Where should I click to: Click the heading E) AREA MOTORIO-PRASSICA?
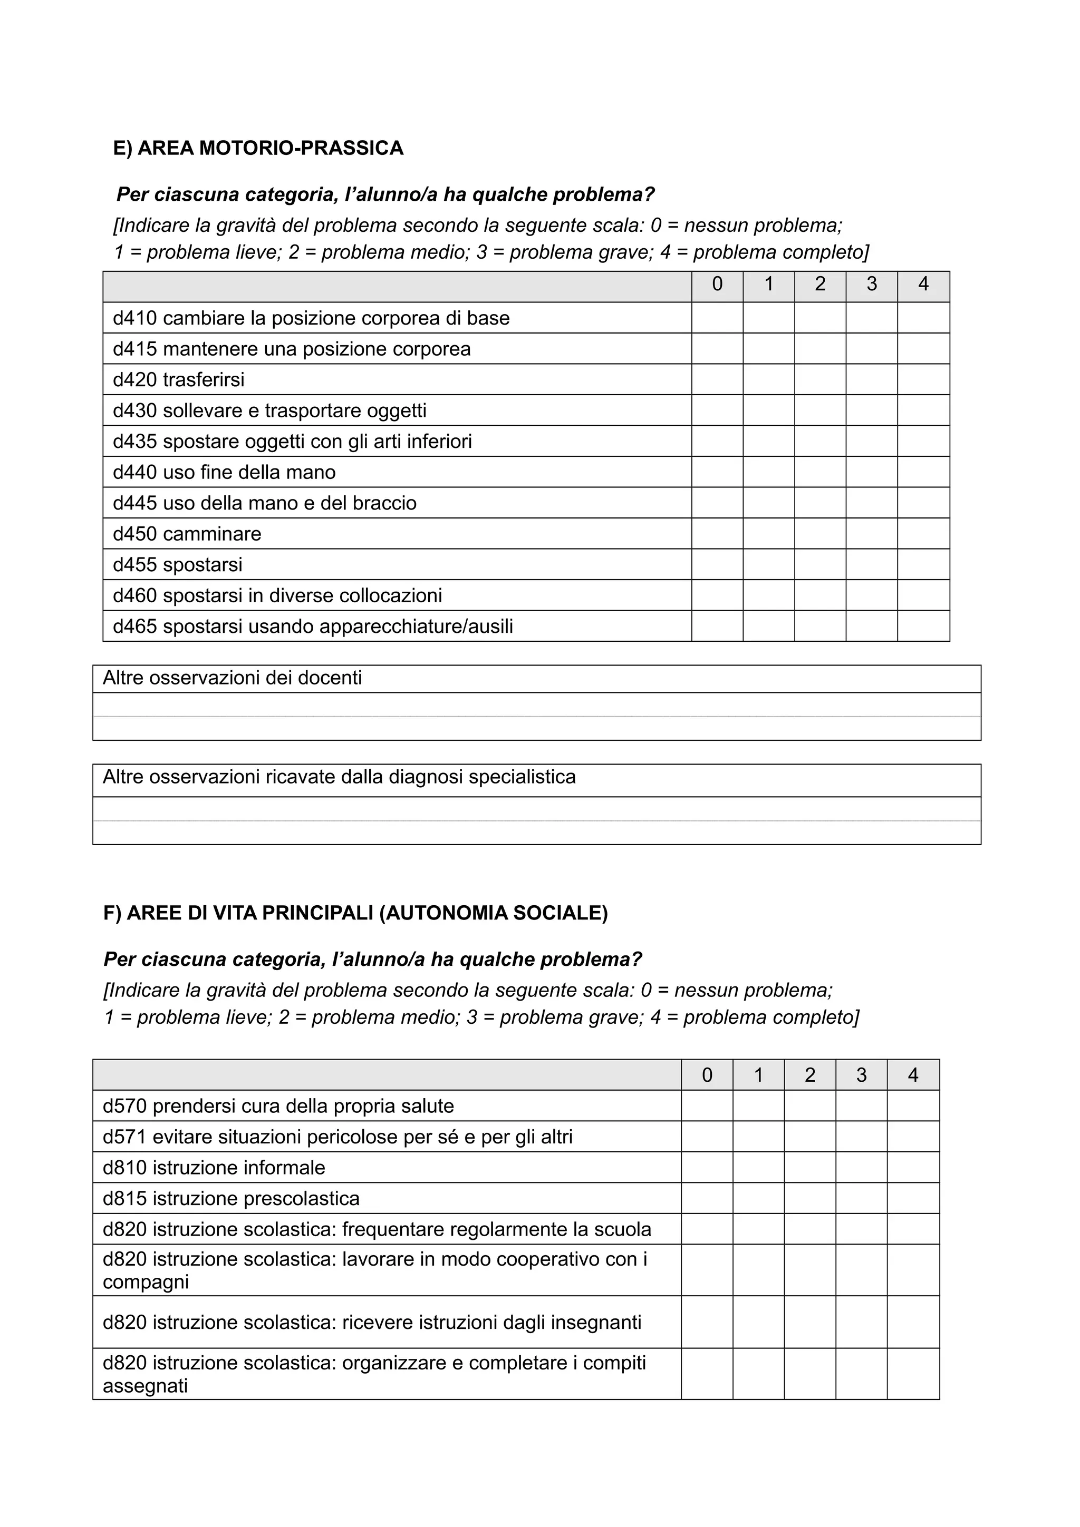tap(258, 148)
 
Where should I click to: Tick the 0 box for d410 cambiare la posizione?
tap(717, 318)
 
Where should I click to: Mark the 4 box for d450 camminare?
tap(923, 533)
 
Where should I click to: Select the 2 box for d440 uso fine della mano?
tap(820, 472)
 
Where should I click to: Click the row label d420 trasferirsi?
tap(178, 380)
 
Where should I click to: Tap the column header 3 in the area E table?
tap(871, 285)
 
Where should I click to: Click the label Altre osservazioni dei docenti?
tap(232, 678)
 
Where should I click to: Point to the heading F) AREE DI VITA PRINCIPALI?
tap(355, 913)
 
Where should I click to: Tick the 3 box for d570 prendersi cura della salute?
tap(861, 1105)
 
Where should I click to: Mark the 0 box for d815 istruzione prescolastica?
tap(707, 1198)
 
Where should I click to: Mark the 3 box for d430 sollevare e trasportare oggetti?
tap(871, 410)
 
